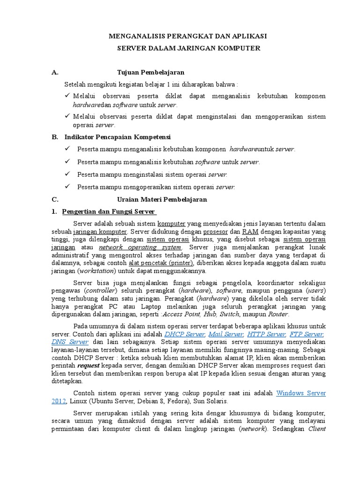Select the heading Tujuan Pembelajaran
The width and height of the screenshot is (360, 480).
[150, 72]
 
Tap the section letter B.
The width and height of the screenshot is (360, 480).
[54, 137]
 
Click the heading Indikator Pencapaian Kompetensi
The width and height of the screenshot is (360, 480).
[117, 137]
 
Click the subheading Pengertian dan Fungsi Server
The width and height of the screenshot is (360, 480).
[109, 211]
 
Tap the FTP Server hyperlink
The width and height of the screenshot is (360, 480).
[307, 334]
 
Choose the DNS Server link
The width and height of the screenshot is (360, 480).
[70, 342]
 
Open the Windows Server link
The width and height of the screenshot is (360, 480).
[301, 393]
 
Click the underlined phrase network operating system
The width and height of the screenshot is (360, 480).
[140, 247]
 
